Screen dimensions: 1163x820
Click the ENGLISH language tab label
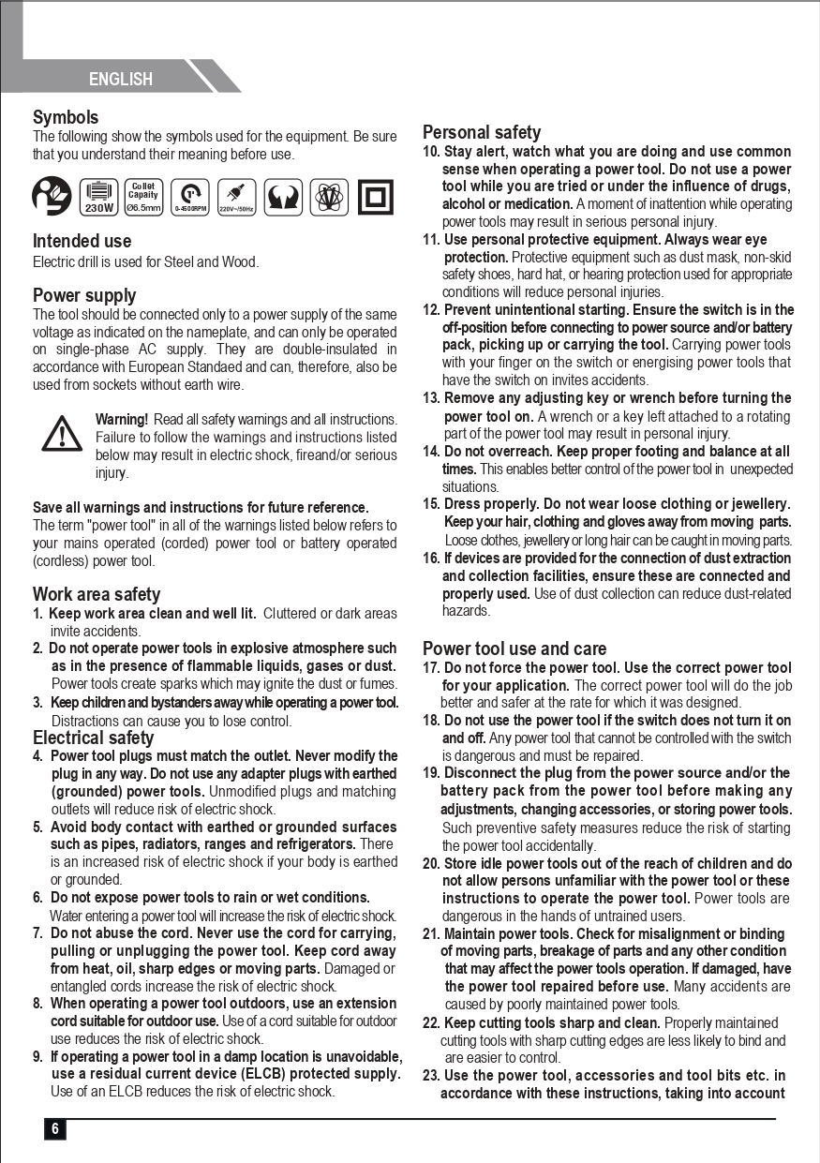tap(121, 79)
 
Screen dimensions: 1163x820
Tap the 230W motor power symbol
tap(99, 197)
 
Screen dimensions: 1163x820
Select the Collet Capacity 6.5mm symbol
tap(144, 197)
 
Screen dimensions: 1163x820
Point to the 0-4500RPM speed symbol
tap(191, 197)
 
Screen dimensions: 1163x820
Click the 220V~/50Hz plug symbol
tap(237, 197)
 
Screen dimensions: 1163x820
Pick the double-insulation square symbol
tap(376, 197)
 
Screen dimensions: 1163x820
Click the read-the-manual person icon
tap(52, 197)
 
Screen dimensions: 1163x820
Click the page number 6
tap(54, 1129)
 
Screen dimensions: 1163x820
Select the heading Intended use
tap(82, 241)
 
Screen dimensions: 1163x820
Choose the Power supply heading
tap(84, 295)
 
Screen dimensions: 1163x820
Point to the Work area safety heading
tap(97, 594)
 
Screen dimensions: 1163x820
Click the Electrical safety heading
tap(94, 738)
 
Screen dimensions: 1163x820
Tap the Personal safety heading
tap(482, 132)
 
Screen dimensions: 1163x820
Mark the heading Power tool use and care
tap(514, 649)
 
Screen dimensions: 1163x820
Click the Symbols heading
tap(66, 117)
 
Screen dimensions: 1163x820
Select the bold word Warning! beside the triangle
tap(122, 419)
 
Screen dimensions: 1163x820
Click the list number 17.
tap(430, 668)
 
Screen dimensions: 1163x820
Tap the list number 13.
tap(430, 398)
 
